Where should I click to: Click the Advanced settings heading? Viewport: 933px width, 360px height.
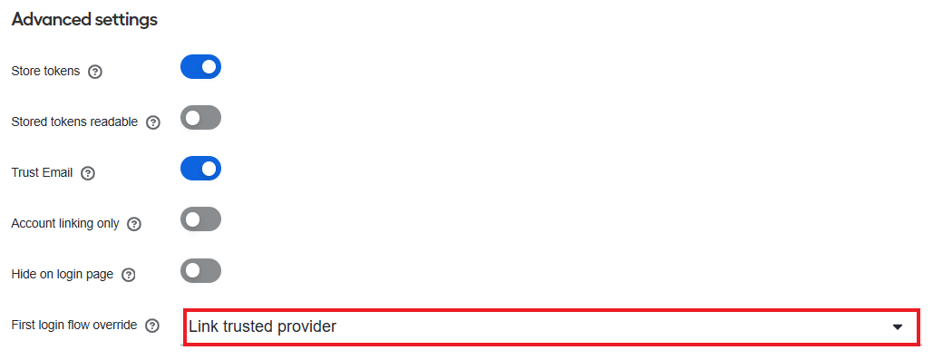pyautogui.click(x=84, y=20)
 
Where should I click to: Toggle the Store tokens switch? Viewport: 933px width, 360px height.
pyautogui.click(x=200, y=66)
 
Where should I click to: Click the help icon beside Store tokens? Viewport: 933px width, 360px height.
pyautogui.click(x=95, y=72)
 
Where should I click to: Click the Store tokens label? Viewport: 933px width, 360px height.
pyautogui.click(x=45, y=72)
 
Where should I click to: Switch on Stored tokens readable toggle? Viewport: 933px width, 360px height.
pyautogui.click(x=200, y=118)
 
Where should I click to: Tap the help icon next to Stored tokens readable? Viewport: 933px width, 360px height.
pyautogui.click(x=153, y=122)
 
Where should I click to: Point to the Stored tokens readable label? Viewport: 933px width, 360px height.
pyautogui.click(x=74, y=122)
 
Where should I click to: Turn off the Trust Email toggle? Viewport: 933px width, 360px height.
pyautogui.click(x=200, y=169)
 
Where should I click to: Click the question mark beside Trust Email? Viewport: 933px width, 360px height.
pyautogui.click(x=88, y=173)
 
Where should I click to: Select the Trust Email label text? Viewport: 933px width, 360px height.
pyautogui.click(x=42, y=172)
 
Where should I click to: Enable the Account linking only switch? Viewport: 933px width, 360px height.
pyautogui.click(x=200, y=219)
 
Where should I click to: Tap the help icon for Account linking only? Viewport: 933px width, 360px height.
pyautogui.click(x=134, y=224)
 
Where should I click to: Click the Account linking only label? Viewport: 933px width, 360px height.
pyautogui.click(x=65, y=224)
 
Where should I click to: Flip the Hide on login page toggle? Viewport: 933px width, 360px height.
pyautogui.click(x=200, y=271)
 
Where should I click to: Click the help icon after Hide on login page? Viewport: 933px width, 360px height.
pyautogui.click(x=129, y=275)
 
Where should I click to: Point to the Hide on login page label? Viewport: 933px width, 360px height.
pyautogui.click(x=62, y=275)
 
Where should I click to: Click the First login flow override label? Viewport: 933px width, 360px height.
pyautogui.click(x=73, y=325)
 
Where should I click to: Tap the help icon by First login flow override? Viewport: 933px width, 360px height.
pyautogui.click(x=153, y=326)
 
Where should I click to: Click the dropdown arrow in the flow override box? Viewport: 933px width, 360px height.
pyautogui.click(x=898, y=327)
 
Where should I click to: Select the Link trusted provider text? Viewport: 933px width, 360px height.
pyautogui.click(x=262, y=326)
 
